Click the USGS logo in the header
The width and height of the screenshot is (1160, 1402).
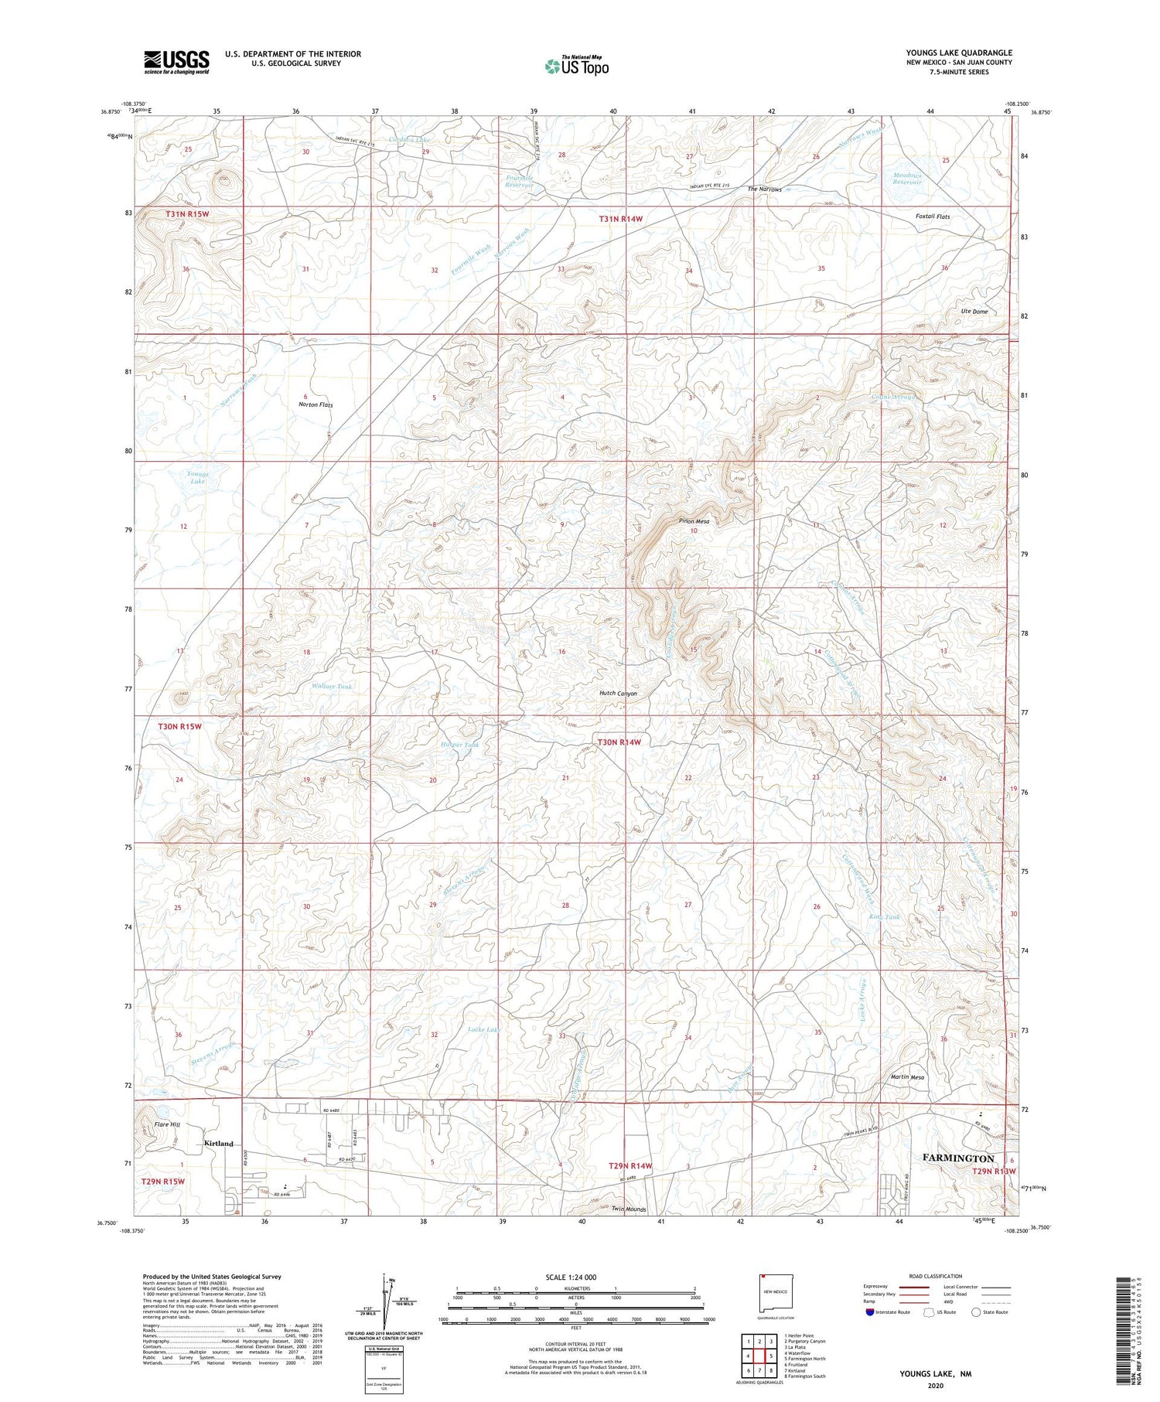pos(176,62)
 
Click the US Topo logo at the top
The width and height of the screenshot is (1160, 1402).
pos(576,66)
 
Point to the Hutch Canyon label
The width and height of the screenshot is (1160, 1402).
pos(618,694)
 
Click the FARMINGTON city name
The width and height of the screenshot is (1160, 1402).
pos(958,1158)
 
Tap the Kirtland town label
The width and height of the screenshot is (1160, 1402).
pos(218,1143)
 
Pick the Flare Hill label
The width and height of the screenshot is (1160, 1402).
pos(166,1124)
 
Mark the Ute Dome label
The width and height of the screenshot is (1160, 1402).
pos(974,311)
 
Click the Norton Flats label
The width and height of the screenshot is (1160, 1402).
pos(316,404)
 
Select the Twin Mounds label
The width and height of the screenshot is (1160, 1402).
pos(628,1209)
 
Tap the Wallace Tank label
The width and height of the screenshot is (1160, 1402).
pos(332,686)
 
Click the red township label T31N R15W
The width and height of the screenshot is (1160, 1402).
pos(187,213)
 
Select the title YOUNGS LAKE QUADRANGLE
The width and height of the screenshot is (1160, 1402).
pos(958,53)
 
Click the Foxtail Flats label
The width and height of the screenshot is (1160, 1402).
pos(931,217)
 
